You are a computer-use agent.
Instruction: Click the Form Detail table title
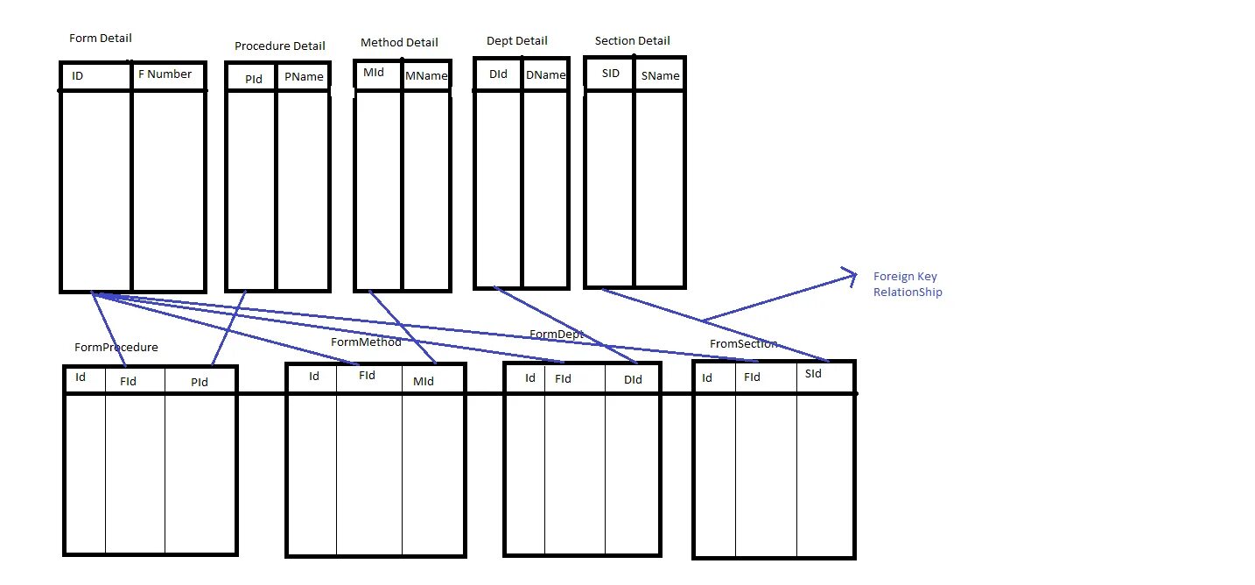100,39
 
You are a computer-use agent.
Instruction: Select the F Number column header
165,74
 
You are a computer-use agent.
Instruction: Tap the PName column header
304,77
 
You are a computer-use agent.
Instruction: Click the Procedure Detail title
279,46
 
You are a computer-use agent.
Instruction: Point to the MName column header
426,76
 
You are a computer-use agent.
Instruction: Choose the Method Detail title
399,42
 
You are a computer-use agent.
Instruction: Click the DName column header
545,75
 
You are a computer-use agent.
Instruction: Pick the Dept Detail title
516,40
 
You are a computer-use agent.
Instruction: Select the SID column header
611,74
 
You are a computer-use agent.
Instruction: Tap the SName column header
660,76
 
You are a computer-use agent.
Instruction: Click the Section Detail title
632,40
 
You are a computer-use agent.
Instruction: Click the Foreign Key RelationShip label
908,285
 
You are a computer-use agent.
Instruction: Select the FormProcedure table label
116,348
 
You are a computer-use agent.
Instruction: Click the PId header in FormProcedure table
200,382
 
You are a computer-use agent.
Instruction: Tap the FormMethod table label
366,342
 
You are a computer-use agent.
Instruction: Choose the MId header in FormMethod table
424,381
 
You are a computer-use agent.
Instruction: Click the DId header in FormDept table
633,379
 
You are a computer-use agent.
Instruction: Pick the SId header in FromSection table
813,374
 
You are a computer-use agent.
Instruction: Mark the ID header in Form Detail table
77,76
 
